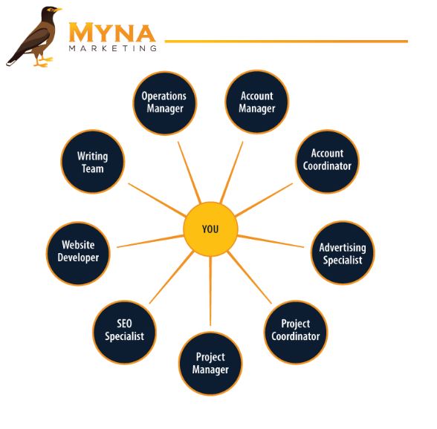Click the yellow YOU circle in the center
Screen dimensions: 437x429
[x=210, y=229]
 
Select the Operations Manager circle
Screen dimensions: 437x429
[x=165, y=103]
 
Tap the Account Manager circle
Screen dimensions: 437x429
[x=257, y=102]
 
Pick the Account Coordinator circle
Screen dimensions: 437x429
[x=327, y=162]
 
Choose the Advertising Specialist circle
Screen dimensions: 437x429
[x=343, y=253]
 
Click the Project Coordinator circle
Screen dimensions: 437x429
[x=296, y=332]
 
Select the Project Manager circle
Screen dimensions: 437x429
[x=210, y=363]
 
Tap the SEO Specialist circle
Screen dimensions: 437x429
[x=124, y=332]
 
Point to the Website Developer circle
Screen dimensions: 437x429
[x=78, y=253]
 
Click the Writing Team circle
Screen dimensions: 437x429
[x=92, y=162]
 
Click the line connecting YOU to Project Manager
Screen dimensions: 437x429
[x=210, y=291]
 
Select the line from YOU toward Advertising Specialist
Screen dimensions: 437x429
[x=271, y=241]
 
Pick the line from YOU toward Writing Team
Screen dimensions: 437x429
[x=157, y=200]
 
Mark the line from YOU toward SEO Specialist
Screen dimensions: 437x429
[x=172, y=278]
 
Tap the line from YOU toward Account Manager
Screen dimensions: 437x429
[x=231, y=172]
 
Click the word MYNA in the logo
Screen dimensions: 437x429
[x=112, y=33]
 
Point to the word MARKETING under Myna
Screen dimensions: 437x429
[x=113, y=48]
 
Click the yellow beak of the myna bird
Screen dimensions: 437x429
[x=58, y=10]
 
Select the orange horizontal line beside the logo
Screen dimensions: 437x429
[x=286, y=42]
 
